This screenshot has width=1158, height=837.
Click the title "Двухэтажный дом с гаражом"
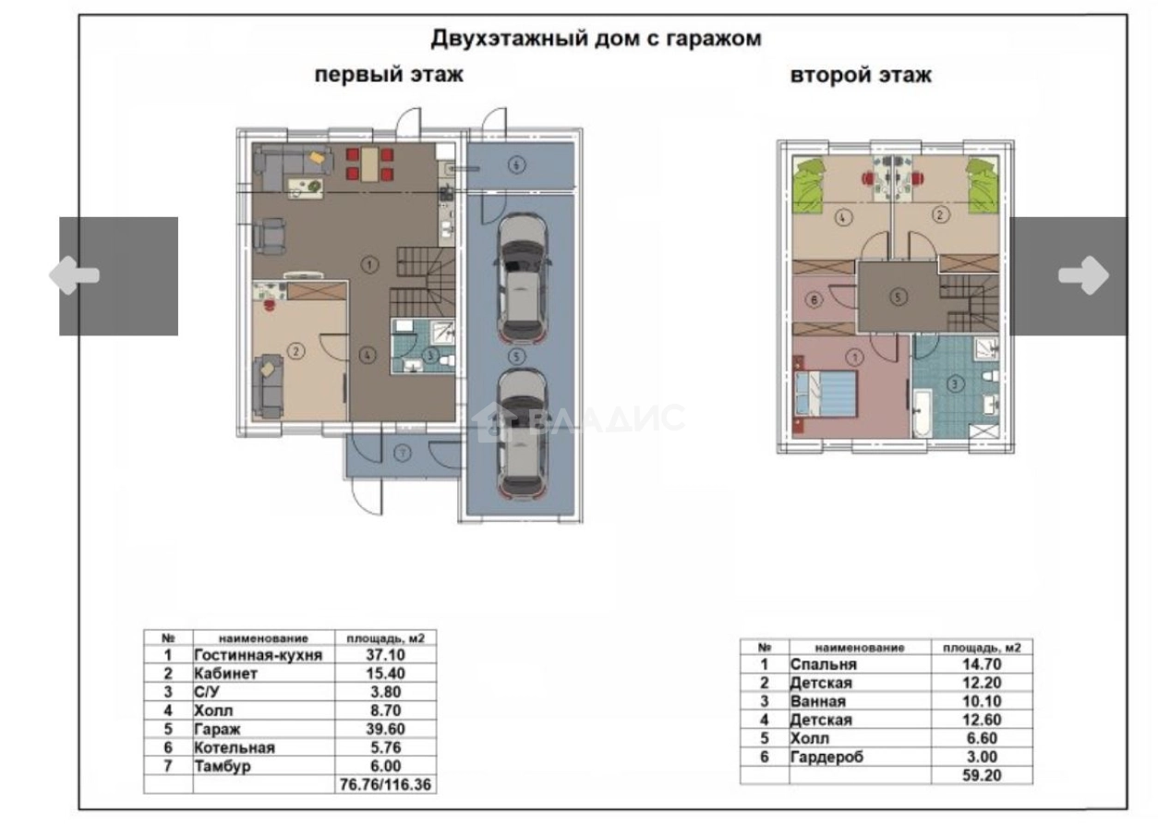[x=597, y=39]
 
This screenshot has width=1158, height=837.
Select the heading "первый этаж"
[x=389, y=75]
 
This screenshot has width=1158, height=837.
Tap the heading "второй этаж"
[x=861, y=75]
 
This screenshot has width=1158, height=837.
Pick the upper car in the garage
[x=522, y=276]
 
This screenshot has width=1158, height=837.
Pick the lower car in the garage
[x=521, y=431]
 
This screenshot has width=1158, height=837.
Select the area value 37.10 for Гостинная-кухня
[x=384, y=655]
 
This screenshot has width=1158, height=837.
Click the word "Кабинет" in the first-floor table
[x=225, y=673]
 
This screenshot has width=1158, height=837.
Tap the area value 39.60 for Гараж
[x=384, y=729]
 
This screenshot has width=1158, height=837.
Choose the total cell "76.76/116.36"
[x=384, y=784]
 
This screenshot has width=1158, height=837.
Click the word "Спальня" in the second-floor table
[x=824, y=664]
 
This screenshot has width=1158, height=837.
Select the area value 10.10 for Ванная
[x=981, y=701]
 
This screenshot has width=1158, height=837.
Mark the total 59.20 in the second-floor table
[x=981, y=775]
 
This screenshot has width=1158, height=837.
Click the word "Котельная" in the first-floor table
[x=235, y=747]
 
